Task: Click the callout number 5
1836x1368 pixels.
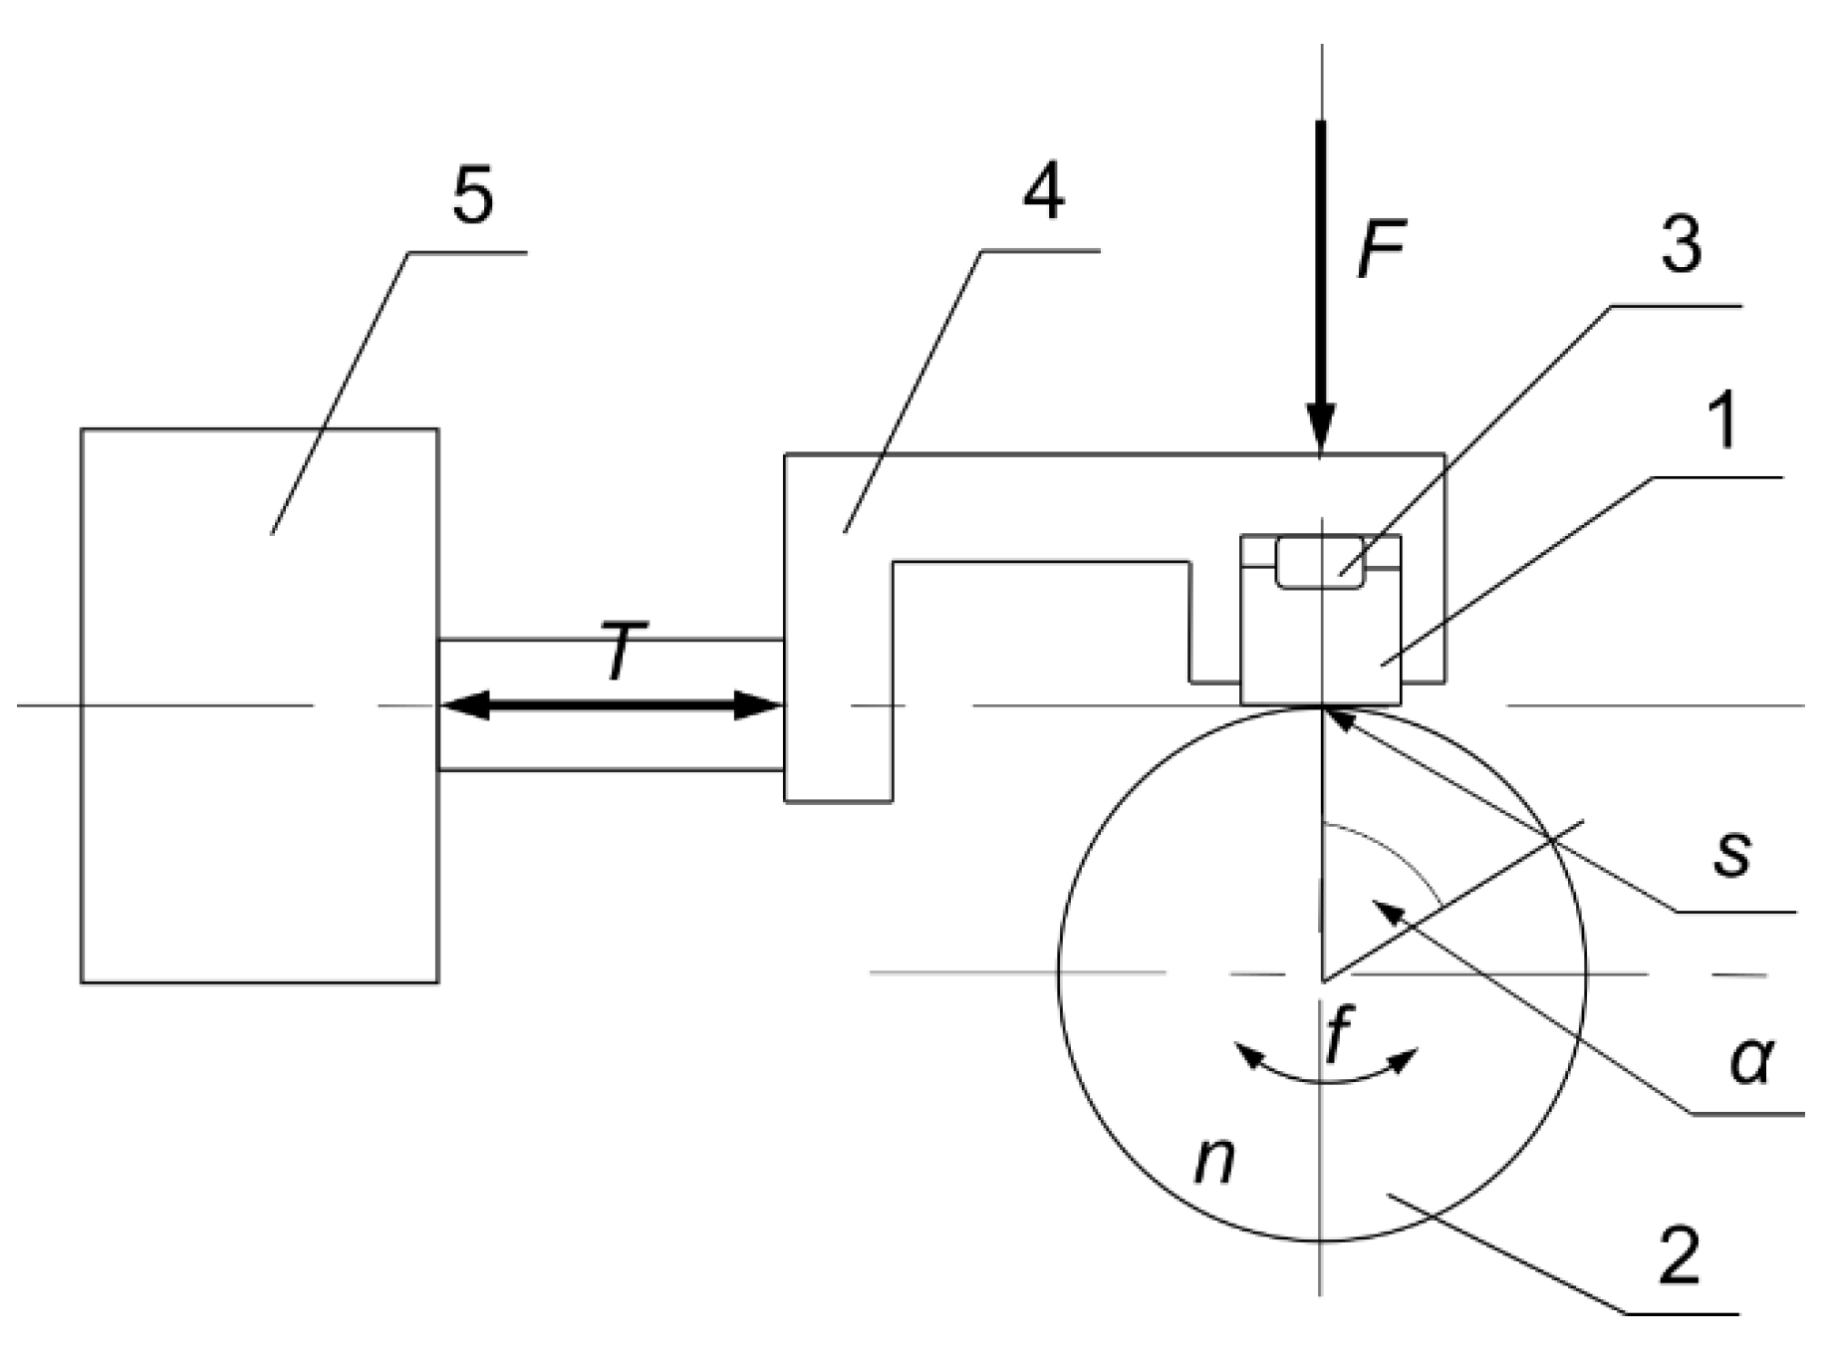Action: pos(472,197)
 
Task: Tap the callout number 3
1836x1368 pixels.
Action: pos(1682,245)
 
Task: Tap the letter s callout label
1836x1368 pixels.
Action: pos(1731,855)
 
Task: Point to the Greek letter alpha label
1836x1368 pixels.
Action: pos(1751,1061)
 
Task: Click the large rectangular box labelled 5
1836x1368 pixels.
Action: pos(259,705)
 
